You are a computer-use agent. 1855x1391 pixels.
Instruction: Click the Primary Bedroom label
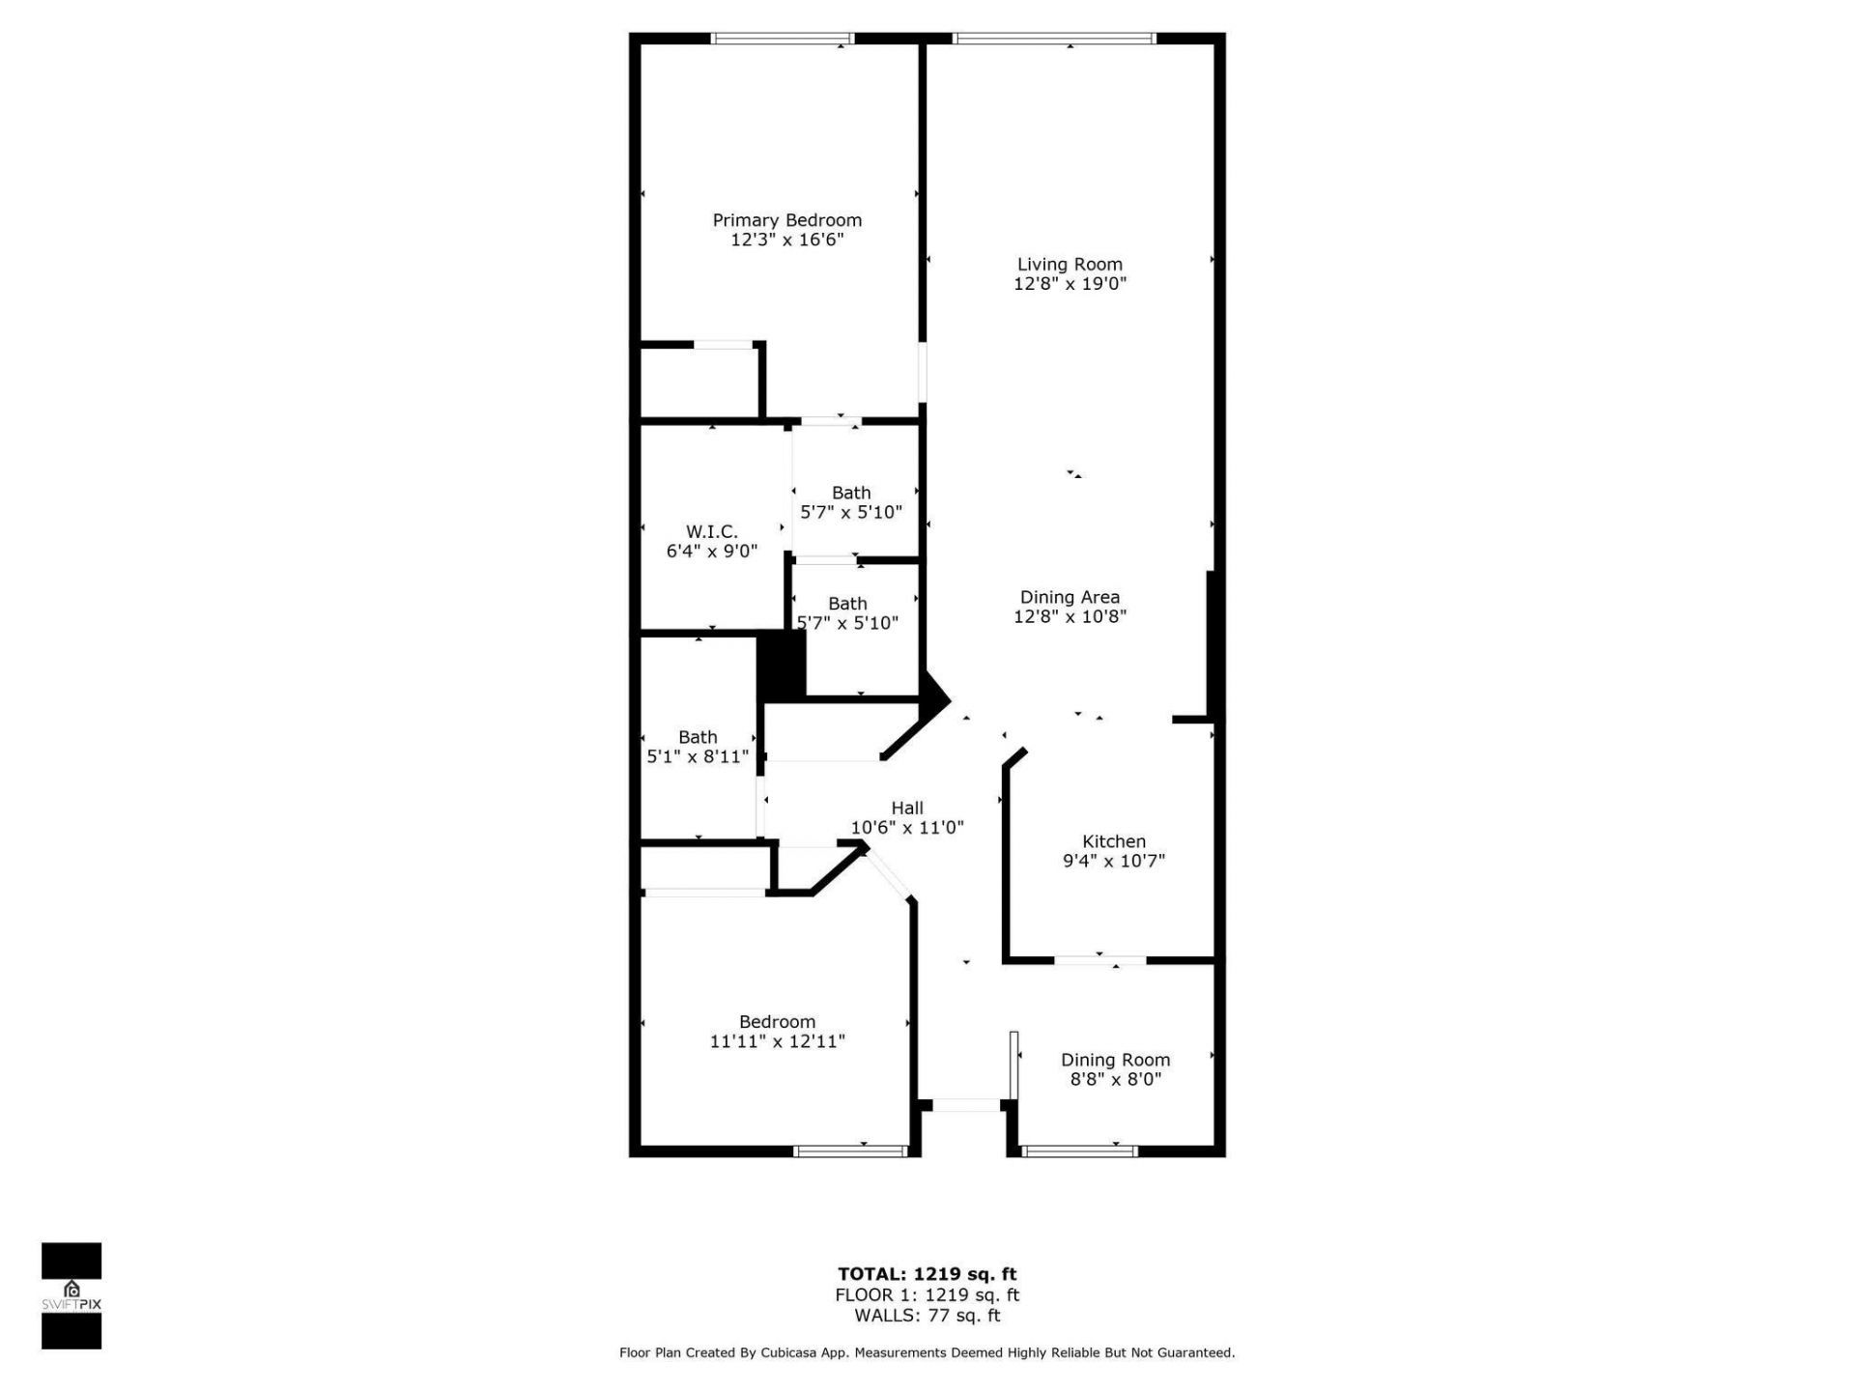[786, 220]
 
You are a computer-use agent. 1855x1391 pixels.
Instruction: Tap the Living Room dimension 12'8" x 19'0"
[1070, 284]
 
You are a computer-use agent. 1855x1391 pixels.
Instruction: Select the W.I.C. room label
[711, 532]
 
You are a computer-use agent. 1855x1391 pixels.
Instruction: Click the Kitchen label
[1113, 841]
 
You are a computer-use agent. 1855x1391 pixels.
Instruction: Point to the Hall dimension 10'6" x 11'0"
[906, 828]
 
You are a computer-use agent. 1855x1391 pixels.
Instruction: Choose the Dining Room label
[1115, 1060]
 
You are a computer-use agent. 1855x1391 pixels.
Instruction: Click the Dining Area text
[1070, 597]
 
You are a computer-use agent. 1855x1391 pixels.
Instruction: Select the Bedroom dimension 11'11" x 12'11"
[777, 1041]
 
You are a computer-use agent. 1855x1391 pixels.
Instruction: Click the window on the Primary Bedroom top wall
[783, 39]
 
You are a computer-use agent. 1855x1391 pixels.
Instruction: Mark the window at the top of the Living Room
[1053, 39]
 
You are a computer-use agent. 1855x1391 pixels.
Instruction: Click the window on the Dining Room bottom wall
[1079, 1150]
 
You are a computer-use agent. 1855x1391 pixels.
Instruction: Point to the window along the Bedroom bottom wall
[850, 1150]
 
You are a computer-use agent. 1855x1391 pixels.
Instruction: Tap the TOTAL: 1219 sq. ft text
[927, 1274]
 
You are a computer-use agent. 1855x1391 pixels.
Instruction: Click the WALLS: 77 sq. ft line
[927, 1316]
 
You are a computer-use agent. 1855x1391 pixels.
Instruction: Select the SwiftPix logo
[71, 1295]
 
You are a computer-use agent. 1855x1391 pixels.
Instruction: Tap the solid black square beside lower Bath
[781, 665]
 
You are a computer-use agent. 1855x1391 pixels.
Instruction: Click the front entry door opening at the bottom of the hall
[965, 1105]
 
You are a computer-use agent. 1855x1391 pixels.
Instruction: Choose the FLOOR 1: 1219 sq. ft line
[927, 1295]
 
